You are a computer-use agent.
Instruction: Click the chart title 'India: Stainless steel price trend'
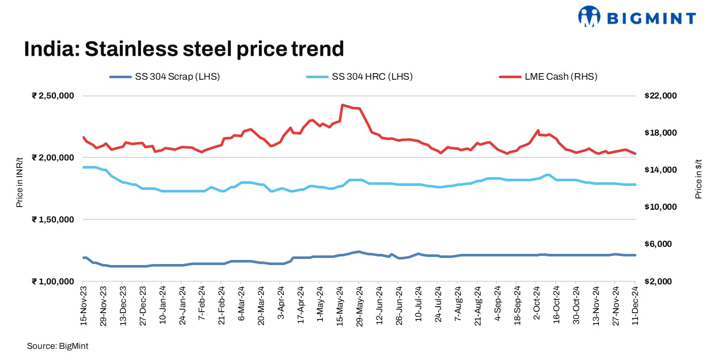(x=184, y=49)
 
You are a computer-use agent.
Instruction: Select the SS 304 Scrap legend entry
(x=165, y=77)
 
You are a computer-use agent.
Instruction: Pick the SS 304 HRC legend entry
(x=359, y=77)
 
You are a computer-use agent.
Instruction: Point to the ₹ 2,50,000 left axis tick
(x=53, y=96)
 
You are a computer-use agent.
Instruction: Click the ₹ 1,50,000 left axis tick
(x=53, y=220)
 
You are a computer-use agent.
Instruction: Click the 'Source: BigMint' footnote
(x=58, y=346)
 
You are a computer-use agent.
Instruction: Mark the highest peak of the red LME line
(x=343, y=105)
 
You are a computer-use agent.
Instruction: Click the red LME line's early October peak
(x=538, y=130)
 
